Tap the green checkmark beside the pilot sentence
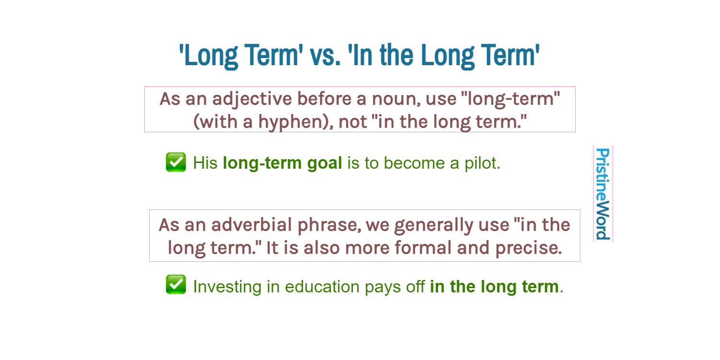pyautogui.click(x=176, y=163)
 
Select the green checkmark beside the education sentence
pyautogui.click(x=176, y=285)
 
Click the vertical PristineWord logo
pyautogui.click(x=602, y=194)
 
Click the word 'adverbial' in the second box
pyautogui.click(x=251, y=225)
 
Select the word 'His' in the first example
pyautogui.click(x=205, y=163)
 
